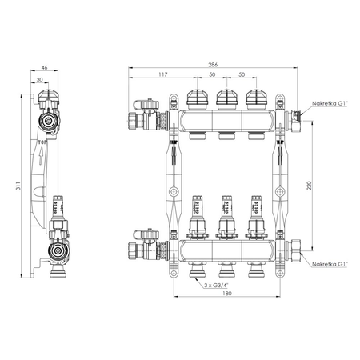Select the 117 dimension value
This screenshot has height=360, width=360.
tap(162, 74)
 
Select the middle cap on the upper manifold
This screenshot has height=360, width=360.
tap(225, 98)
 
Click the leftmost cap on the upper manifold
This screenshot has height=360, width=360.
tap(196, 98)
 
